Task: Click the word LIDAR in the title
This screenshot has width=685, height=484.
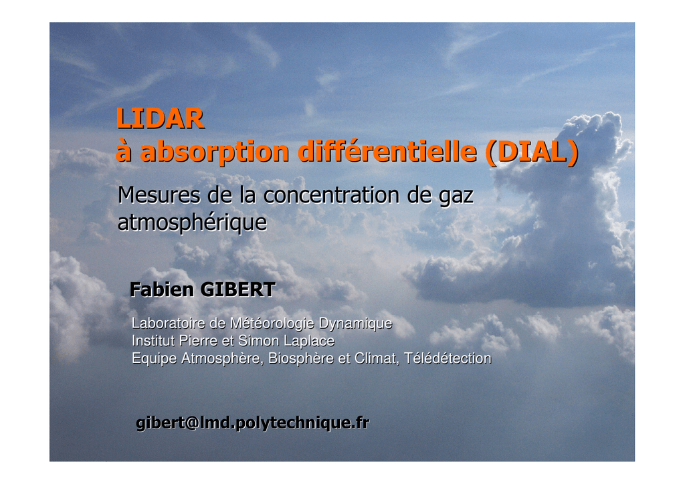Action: coord(160,118)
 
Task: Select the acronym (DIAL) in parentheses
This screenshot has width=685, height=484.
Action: coord(532,152)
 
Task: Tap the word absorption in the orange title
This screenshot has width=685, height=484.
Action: coord(215,153)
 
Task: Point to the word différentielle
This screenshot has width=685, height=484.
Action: coord(387,152)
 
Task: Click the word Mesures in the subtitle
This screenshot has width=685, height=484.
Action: coord(159,195)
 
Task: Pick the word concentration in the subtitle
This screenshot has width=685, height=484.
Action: coord(331,195)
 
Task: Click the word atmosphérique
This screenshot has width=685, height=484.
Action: coord(192,223)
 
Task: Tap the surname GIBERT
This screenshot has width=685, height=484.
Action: coord(237,289)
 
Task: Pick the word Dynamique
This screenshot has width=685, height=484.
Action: coord(355,324)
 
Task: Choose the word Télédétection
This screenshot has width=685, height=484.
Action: coord(448,358)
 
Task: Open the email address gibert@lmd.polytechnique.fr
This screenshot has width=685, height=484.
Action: coord(252,422)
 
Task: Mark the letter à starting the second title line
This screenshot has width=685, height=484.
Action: coord(124,152)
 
